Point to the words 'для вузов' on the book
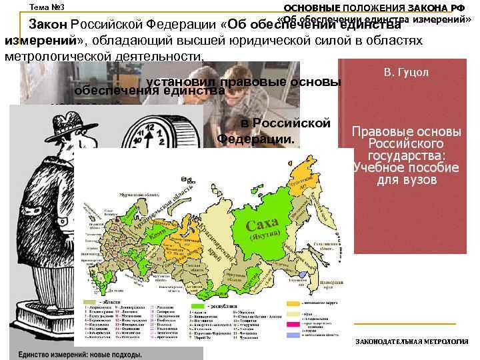click(x=406, y=180)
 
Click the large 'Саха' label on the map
click(x=262, y=223)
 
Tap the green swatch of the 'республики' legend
click(x=196, y=307)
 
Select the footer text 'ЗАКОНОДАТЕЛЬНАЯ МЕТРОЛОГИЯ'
click(x=411, y=341)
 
